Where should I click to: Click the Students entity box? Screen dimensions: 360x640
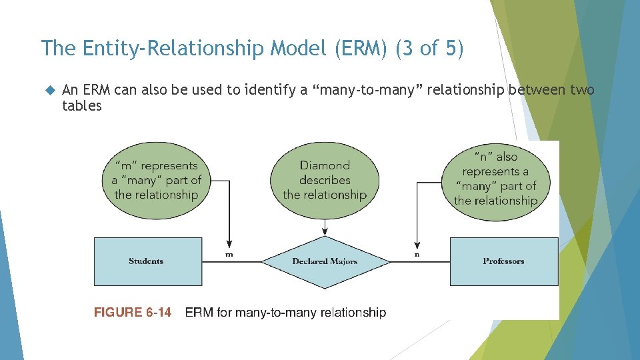[147, 261]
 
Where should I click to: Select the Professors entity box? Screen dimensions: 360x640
[504, 261]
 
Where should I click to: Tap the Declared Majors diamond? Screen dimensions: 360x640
[325, 261]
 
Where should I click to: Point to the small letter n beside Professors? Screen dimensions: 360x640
[417, 255]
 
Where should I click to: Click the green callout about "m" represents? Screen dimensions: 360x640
[156, 180]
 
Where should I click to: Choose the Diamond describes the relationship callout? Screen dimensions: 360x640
[325, 180]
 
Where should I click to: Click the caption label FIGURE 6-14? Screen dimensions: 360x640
[133, 312]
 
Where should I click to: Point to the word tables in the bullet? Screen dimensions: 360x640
[82, 106]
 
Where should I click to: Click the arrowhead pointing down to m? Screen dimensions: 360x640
[230, 244]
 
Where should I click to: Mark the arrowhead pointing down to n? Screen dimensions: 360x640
[417, 244]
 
